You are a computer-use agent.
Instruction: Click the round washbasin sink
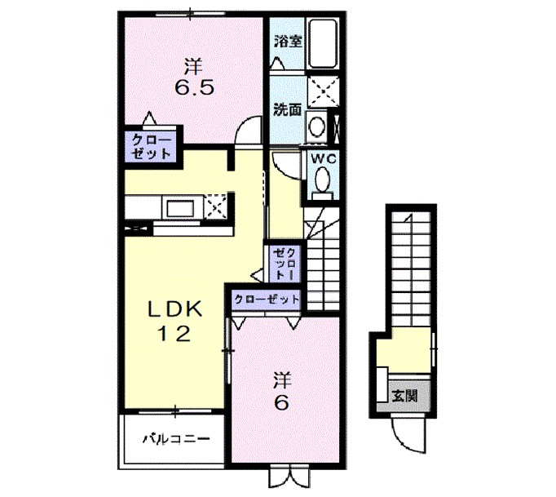coord(316,126)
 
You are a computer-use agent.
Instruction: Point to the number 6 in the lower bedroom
coord(280,404)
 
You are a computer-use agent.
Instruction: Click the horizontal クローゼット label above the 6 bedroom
coord(266,300)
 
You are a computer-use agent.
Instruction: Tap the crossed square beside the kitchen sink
coord(216,204)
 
